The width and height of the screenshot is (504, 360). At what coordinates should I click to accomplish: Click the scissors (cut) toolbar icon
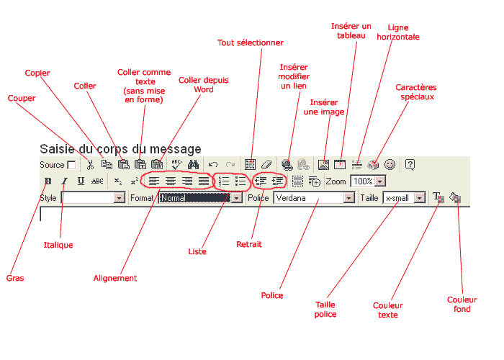pyautogui.click(x=90, y=165)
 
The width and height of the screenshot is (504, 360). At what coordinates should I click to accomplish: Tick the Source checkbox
pyautogui.click(x=71, y=165)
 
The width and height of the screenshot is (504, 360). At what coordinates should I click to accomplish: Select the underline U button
pyautogui.click(x=81, y=181)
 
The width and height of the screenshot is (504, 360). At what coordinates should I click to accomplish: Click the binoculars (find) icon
pyautogui.click(x=193, y=165)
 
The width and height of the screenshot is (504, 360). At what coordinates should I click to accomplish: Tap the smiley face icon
pyautogui.click(x=390, y=165)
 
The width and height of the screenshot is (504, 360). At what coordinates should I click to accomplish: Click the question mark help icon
pyautogui.click(x=410, y=165)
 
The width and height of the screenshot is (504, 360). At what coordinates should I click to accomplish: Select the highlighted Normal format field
pyautogui.click(x=195, y=198)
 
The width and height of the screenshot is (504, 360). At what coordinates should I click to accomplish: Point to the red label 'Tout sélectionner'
pyautogui.click(x=251, y=42)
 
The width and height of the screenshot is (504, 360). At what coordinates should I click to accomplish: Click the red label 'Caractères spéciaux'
pyautogui.click(x=416, y=92)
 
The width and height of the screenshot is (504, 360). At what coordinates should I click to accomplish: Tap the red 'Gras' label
pyautogui.click(x=15, y=278)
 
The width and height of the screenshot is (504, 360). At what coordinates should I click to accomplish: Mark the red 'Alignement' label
pyautogui.click(x=115, y=279)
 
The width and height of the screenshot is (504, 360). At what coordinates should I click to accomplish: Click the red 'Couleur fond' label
pyautogui.click(x=462, y=304)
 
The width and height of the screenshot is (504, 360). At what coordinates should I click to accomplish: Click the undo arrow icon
pyautogui.click(x=213, y=165)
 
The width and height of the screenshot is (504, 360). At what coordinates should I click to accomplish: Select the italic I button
pyautogui.click(x=64, y=181)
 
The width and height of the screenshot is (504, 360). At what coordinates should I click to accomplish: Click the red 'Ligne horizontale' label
pyautogui.click(x=398, y=32)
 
